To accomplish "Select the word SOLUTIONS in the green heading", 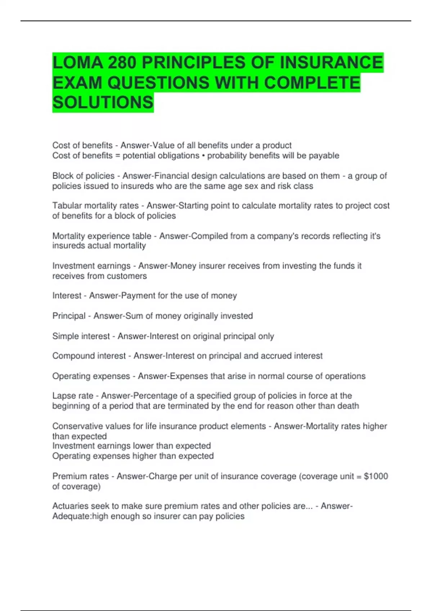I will (x=103, y=102).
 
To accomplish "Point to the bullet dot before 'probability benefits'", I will (x=203, y=156).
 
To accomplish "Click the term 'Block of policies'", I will (x=83, y=176).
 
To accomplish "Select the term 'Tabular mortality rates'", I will (x=95, y=206).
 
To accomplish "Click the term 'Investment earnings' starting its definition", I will (x=91, y=266).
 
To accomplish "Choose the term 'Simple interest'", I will (x=81, y=336).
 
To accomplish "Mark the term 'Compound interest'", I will (x=89, y=356).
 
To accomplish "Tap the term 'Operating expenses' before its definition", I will (x=91, y=376).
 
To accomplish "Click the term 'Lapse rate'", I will (x=73, y=396).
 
